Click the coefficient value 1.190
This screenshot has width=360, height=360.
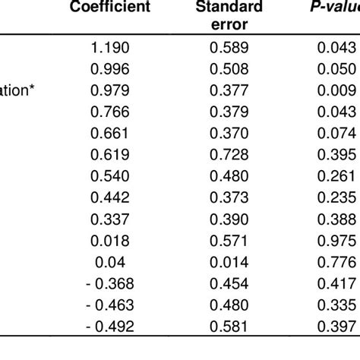112,47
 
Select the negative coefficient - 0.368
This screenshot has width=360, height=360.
109,302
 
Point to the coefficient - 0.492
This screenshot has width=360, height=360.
109,348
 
